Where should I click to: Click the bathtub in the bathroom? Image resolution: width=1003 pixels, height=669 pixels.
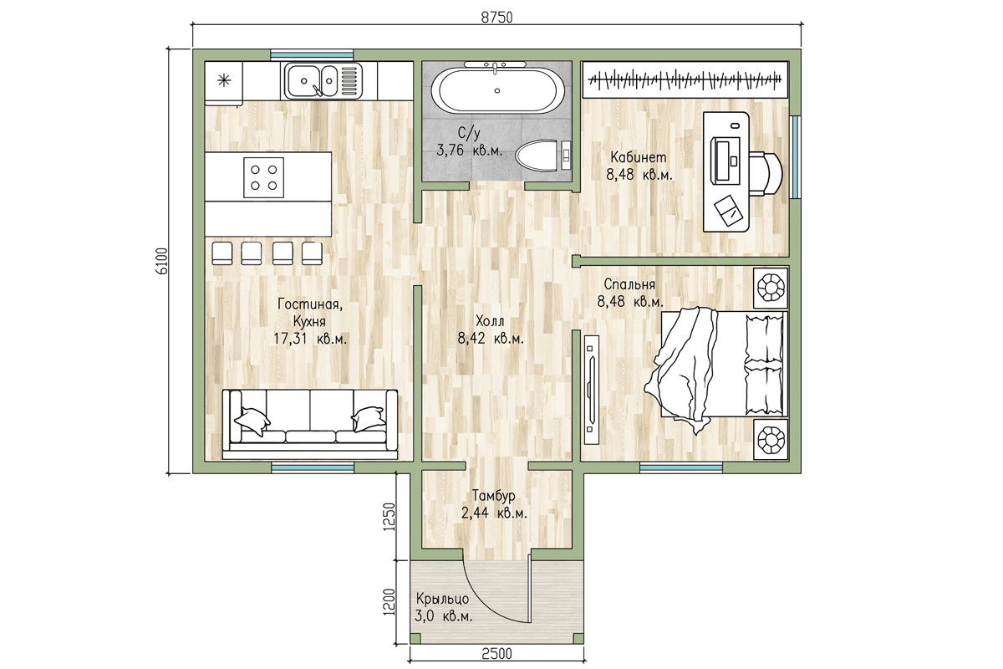[497, 90]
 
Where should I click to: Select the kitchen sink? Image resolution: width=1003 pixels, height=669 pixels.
[322, 80]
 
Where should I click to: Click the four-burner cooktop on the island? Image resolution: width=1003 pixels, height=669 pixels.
[264, 177]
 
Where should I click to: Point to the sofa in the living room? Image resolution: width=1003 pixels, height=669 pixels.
[310, 424]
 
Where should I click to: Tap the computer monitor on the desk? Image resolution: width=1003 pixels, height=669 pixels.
[725, 160]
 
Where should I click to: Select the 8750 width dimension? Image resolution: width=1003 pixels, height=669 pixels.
[496, 18]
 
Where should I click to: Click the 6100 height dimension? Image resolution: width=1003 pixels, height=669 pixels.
[161, 260]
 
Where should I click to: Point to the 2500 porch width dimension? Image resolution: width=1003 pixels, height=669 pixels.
[496, 654]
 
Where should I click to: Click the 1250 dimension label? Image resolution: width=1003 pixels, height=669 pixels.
[389, 516]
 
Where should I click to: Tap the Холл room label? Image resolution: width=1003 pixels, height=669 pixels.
[490, 321]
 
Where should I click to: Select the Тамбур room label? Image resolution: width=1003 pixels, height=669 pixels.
[494, 496]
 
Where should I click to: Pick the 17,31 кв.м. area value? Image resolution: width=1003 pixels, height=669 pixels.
[310, 339]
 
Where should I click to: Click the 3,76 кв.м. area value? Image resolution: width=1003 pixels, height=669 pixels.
[469, 151]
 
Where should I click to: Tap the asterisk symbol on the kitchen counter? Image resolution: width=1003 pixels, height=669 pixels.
[224, 80]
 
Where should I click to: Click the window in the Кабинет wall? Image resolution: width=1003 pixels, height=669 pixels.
[795, 157]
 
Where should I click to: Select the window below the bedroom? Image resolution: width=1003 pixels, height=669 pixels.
[681, 467]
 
